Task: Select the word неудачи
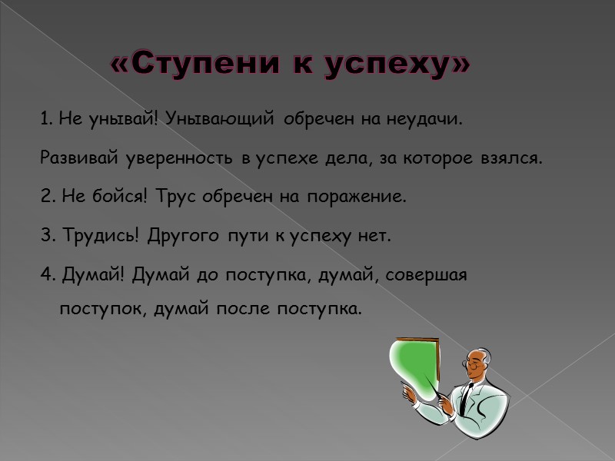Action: (427, 119)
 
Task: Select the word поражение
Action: (355, 197)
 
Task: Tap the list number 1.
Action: (43, 119)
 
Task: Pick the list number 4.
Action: (45, 274)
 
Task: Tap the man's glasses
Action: (471, 360)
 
